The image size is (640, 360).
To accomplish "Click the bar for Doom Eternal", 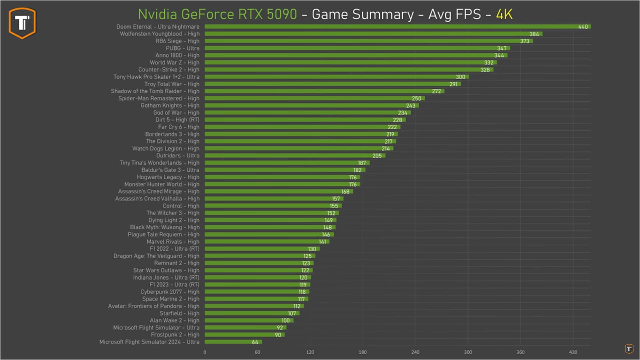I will point(397,27).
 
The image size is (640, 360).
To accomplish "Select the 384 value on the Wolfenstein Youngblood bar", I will point(534,34).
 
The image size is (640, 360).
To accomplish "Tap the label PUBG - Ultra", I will point(182,48).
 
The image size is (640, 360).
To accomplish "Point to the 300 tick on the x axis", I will point(468,352).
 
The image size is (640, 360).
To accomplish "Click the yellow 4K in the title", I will point(504,14).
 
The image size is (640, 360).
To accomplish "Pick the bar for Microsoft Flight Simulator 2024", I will point(233,342).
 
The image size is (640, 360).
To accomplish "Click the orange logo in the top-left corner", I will point(22,23).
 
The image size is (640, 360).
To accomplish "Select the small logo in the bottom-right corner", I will point(629,349).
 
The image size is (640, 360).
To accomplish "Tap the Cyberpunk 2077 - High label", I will point(170,292).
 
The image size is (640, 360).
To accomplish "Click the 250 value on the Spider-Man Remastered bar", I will point(416,99).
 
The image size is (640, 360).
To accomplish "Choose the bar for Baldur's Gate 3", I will point(285,170).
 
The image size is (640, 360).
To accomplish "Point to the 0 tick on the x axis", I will point(205,352).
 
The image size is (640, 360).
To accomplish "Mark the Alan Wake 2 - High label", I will point(174,320).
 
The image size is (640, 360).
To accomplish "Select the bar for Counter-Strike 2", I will point(349,70).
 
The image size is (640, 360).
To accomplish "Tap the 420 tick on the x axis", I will point(573,352).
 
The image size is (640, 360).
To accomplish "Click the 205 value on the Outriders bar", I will point(377,156).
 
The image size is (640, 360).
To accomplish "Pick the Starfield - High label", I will point(179,313).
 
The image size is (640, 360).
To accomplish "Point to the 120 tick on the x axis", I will point(310,352).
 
